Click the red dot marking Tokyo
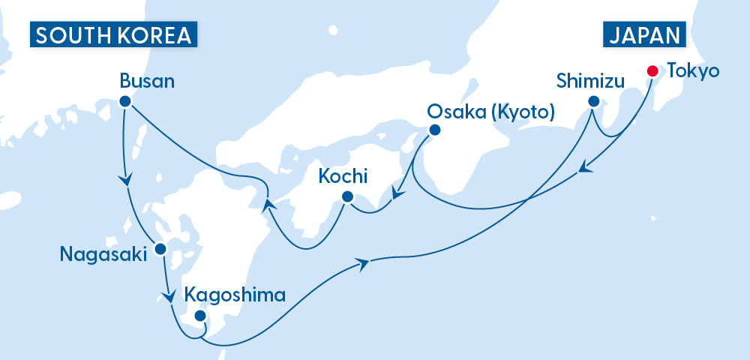[x=652, y=71]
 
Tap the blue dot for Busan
[x=125, y=101]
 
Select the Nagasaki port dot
[x=159, y=248]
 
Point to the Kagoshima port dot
[x=200, y=316]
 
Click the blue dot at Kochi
[x=346, y=197]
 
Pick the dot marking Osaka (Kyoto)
[x=433, y=130]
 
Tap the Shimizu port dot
[x=593, y=101]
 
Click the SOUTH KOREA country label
[x=112, y=35]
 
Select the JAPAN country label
[x=645, y=35]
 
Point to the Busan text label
[x=147, y=80]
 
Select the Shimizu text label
[x=590, y=80]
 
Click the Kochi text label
[x=343, y=177]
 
